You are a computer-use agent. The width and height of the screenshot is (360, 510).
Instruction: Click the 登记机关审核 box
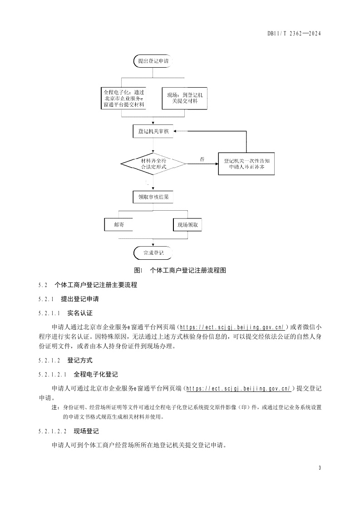click(x=153, y=131)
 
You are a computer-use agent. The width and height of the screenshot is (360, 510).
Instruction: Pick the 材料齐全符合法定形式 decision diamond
click(x=153, y=164)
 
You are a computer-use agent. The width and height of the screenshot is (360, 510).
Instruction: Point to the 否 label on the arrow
click(x=202, y=159)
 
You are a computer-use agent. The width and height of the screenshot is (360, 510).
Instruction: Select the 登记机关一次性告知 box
click(x=247, y=164)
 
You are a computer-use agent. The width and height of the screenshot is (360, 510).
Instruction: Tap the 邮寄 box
click(x=119, y=225)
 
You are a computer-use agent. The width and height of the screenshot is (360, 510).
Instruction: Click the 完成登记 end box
click(x=153, y=253)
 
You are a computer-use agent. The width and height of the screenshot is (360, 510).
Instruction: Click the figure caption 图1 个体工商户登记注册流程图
click(x=180, y=270)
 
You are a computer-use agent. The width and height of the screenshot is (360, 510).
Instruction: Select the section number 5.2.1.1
click(x=49, y=313)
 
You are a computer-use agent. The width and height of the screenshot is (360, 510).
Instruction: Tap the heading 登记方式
click(x=79, y=360)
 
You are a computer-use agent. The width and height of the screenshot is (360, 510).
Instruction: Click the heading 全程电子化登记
click(x=95, y=375)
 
